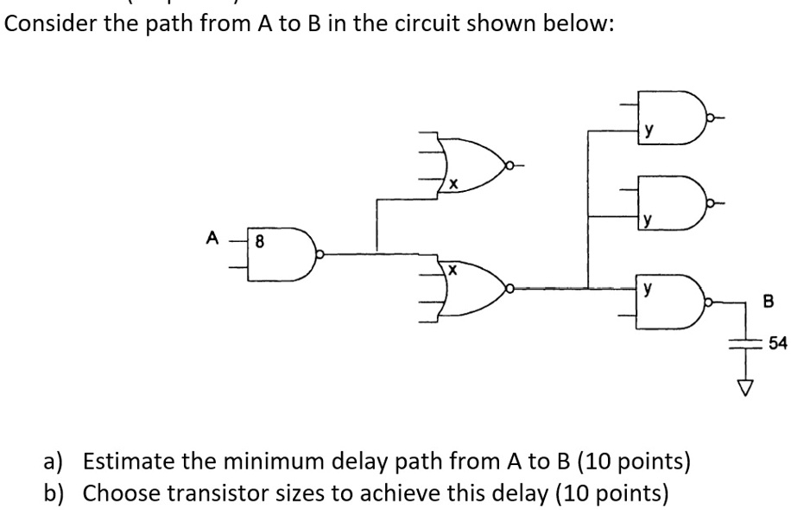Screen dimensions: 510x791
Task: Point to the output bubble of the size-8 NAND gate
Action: pos(321,254)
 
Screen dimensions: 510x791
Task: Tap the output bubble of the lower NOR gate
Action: pos(511,289)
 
